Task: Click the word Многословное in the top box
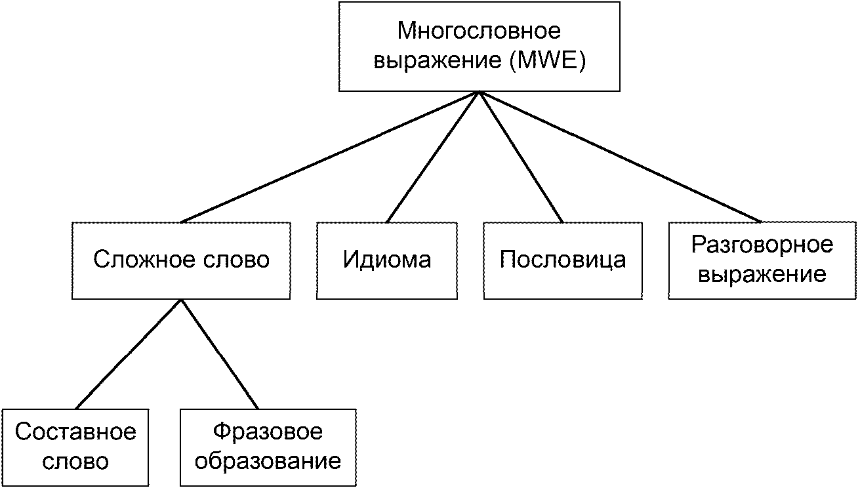pyautogui.click(x=480, y=30)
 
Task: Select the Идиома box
pyautogui.click(x=387, y=260)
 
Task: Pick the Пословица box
pyautogui.click(x=563, y=260)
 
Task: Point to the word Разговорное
pyautogui.click(x=762, y=246)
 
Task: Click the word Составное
pyautogui.click(x=75, y=433)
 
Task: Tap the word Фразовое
pyautogui.click(x=268, y=433)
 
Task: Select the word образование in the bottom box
pyautogui.click(x=268, y=461)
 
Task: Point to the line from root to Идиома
pyautogui.click(x=433, y=157)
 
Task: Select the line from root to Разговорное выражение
pyautogui.click(x=620, y=157)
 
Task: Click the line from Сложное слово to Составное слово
pyautogui.click(x=128, y=354)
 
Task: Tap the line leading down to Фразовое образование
pyautogui.click(x=218, y=354)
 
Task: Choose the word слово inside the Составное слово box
pyautogui.click(x=75, y=461)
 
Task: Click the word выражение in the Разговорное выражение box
pyautogui.click(x=762, y=274)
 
